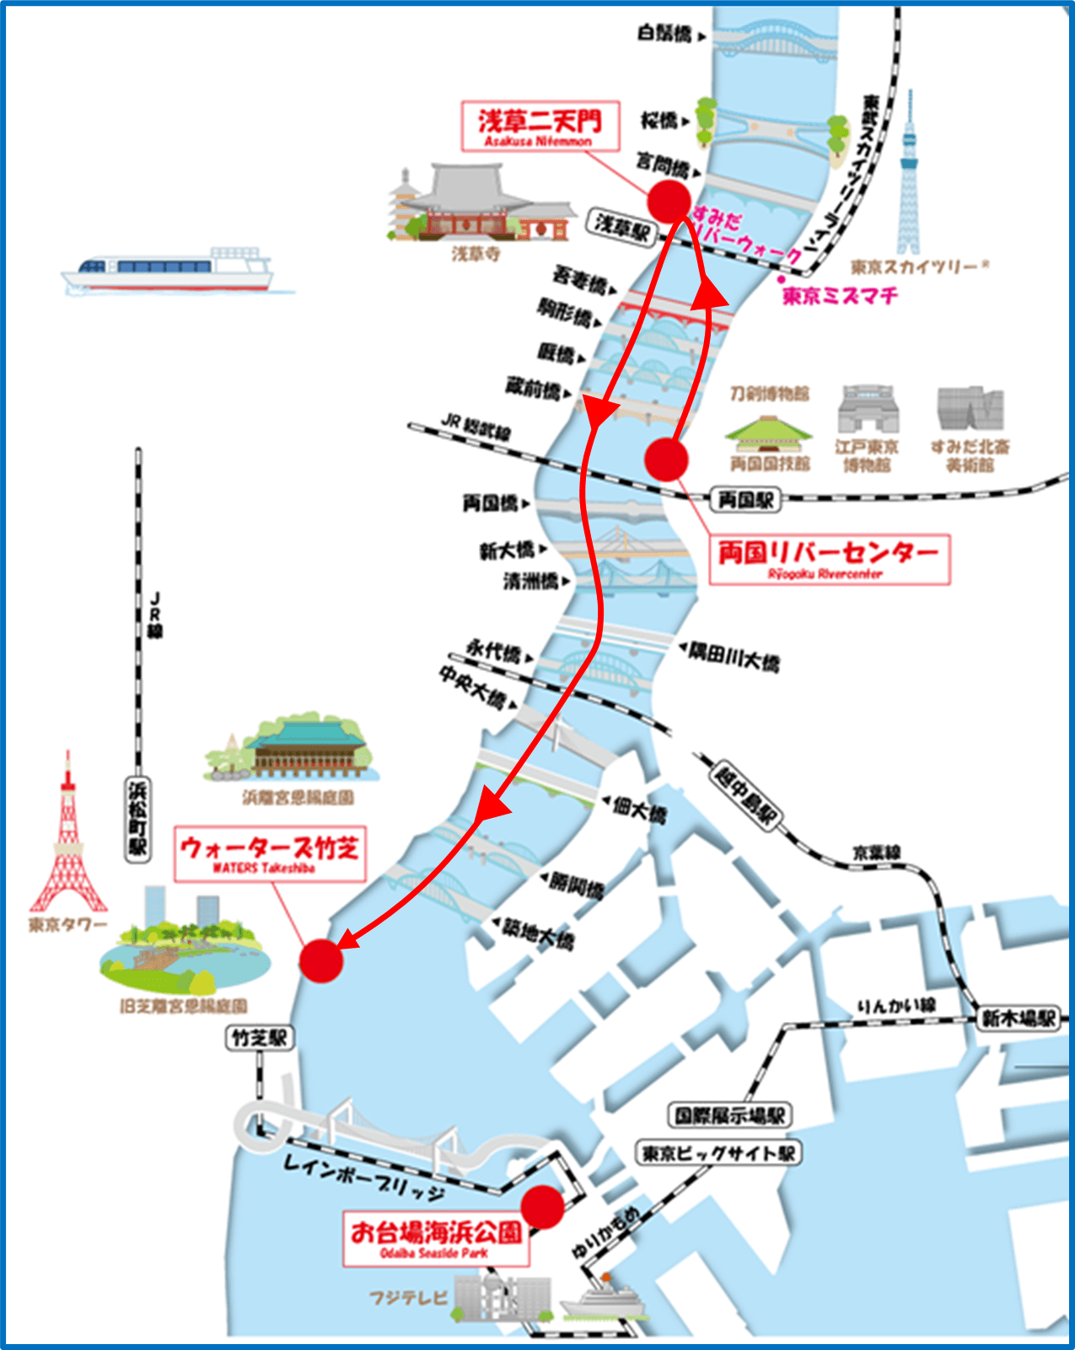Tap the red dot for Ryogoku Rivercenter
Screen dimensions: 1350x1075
coord(666,460)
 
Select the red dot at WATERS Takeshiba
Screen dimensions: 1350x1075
coord(321,960)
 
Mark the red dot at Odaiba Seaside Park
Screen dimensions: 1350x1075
coord(542,1207)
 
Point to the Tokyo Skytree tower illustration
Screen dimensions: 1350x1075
coord(908,177)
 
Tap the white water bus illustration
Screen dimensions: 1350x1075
coord(169,271)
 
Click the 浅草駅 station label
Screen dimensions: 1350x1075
coord(622,226)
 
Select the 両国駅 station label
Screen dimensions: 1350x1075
coord(745,500)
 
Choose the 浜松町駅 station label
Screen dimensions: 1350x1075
coord(137,819)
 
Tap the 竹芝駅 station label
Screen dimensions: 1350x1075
coord(260,1038)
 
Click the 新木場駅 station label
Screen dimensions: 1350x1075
coord(1018,1019)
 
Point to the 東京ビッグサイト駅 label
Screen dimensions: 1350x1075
coord(718,1153)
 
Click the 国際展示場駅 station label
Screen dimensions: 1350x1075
coord(730,1116)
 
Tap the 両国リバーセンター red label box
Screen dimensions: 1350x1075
coord(829,559)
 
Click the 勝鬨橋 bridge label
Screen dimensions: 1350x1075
coord(577,885)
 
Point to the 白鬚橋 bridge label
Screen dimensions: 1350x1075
coord(664,34)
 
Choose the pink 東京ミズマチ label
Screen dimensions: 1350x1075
coord(840,296)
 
